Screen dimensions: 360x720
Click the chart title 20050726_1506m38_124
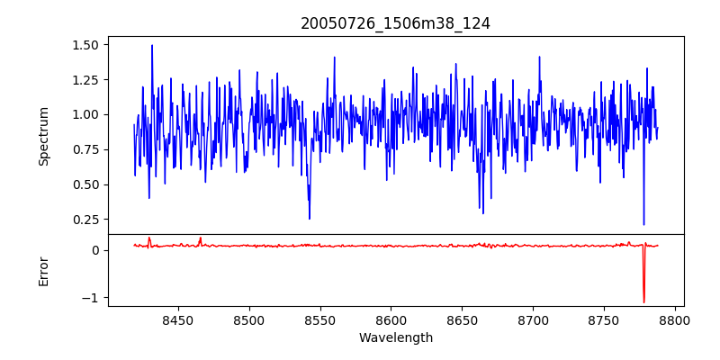[395, 23]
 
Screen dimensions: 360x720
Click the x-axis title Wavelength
[395, 338]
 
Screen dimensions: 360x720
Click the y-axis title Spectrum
[43, 136]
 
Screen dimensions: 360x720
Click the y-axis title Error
[43, 270]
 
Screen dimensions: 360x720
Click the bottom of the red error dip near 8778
[643, 302]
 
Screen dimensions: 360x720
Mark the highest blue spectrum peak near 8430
[152, 45]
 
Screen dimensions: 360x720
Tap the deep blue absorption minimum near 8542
[309, 219]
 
